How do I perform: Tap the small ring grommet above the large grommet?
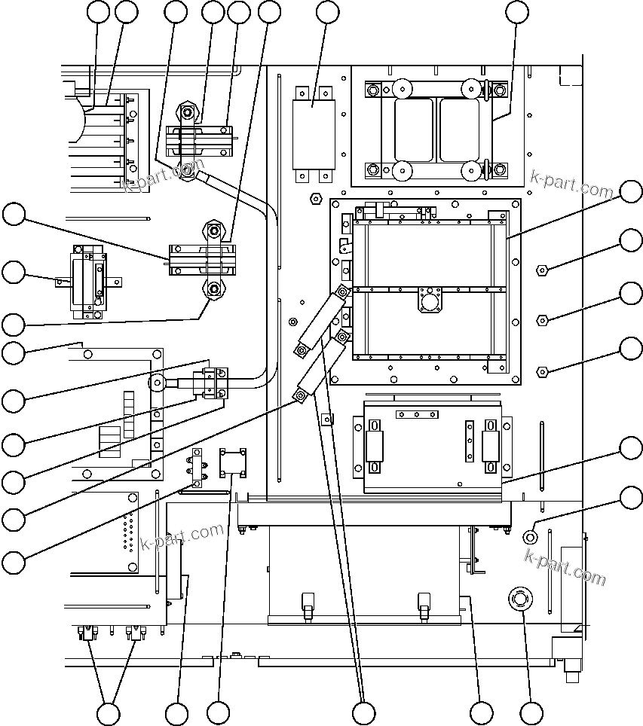530,536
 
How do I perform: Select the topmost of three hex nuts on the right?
541,269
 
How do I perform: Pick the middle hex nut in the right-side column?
541,320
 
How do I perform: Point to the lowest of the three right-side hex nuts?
541,371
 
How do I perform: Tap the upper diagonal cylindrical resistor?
323,320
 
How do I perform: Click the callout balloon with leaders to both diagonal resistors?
364,712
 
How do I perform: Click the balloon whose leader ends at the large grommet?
531,712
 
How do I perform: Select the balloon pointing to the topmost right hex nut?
631,240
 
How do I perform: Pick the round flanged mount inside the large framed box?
431,303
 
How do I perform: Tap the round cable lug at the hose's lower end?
158,383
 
